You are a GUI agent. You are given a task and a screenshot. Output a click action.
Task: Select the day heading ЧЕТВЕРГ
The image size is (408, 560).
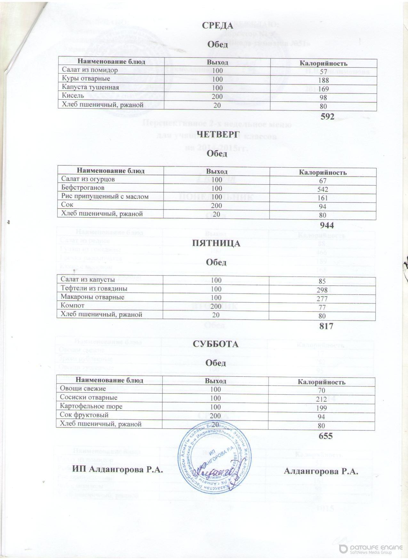click(217, 133)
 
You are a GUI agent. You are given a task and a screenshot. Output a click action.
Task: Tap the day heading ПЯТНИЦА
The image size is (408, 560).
click(216, 244)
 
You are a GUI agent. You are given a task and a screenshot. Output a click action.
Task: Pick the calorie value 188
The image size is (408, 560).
click(323, 80)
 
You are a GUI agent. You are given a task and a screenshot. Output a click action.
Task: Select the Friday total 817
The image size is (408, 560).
click(326, 326)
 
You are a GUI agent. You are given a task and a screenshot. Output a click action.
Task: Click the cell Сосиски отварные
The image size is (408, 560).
click(89, 397)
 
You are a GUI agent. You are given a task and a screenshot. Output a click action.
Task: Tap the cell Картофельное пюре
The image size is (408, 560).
click(91, 406)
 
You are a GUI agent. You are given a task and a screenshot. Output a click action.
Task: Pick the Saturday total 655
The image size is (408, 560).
click(326, 436)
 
